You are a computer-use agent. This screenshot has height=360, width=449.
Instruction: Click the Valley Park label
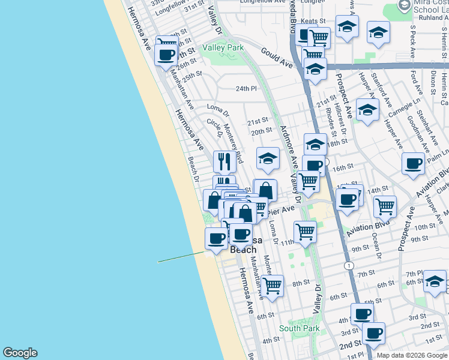click(223, 47)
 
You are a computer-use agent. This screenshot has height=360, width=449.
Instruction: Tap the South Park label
click(299, 328)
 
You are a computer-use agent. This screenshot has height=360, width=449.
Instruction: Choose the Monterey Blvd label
click(233, 143)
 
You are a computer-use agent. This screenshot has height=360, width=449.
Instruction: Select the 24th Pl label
click(246, 88)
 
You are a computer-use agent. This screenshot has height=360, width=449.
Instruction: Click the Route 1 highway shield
click(348, 265)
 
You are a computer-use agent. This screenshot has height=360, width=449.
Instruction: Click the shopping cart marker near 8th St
click(273, 285)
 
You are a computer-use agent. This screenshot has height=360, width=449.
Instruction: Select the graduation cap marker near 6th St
click(435, 280)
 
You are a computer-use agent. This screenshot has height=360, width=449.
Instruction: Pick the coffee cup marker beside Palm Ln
click(413, 163)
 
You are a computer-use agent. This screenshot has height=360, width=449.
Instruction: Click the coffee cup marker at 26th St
click(166, 55)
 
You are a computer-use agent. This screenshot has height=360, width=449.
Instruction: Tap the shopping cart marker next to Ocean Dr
click(385, 206)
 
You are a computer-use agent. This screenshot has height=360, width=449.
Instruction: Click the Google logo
click(20, 353)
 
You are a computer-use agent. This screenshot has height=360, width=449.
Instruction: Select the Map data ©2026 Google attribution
click(412, 355)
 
